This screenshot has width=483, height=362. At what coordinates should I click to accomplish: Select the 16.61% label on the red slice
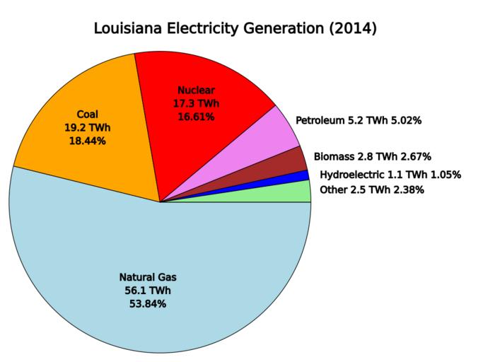[x=195, y=117]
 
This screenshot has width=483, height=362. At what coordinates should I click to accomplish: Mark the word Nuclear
[x=195, y=90]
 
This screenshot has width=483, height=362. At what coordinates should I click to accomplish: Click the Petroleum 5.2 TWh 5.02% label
[x=359, y=121]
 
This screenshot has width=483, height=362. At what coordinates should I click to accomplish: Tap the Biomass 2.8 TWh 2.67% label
[x=372, y=156]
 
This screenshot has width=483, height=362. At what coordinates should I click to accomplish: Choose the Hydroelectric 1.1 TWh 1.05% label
[x=390, y=174]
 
